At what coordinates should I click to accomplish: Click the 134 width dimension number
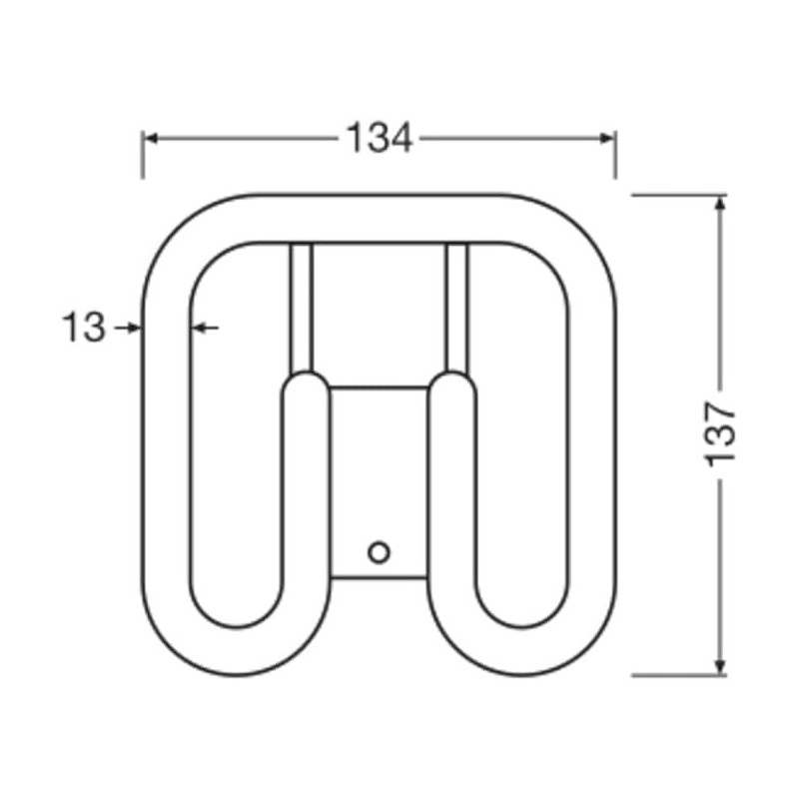click(x=380, y=138)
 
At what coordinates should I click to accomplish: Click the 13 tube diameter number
click(x=84, y=328)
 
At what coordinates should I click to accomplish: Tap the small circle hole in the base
click(x=379, y=552)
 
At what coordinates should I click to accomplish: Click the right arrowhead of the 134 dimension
click(x=607, y=138)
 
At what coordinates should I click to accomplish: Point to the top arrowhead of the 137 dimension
click(x=719, y=204)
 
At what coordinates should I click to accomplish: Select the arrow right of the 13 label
click(x=128, y=328)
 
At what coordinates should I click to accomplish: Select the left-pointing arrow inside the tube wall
click(x=206, y=328)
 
